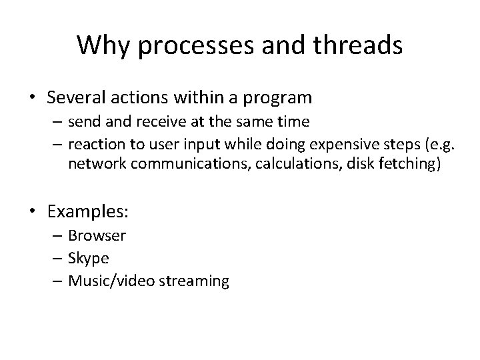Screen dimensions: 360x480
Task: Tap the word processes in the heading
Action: tap(193, 46)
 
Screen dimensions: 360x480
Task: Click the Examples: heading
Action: tap(87, 212)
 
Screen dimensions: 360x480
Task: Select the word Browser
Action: tap(97, 235)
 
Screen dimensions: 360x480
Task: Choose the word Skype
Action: tap(89, 258)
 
